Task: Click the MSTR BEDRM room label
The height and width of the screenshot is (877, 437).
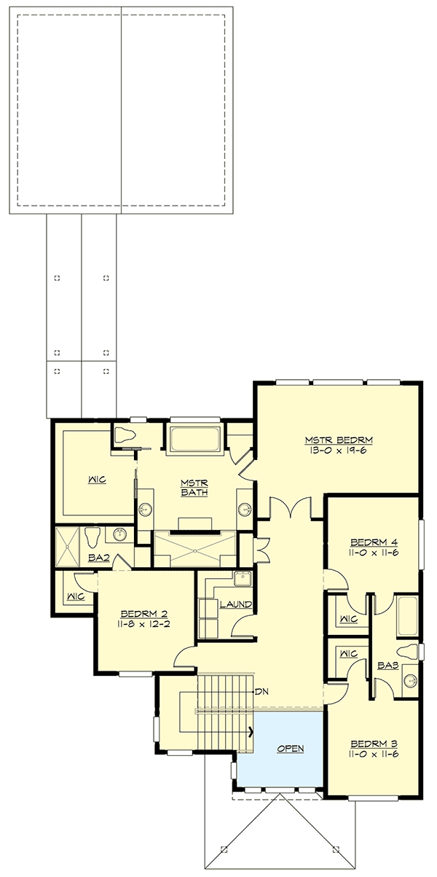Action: (x=339, y=440)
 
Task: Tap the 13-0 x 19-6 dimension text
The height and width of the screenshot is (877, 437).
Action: (x=339, y=451)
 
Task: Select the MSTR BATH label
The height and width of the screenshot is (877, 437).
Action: (x=194, y=487)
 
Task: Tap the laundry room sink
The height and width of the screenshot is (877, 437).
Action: (x=241, y=580)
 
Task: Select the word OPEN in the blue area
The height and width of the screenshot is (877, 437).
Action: (x=290, y=749)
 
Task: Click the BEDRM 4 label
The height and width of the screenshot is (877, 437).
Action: (x=373, y=542)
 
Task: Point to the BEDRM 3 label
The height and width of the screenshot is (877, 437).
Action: (x=373, y=743)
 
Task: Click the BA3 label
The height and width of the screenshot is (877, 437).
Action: (x=386, y=665)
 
